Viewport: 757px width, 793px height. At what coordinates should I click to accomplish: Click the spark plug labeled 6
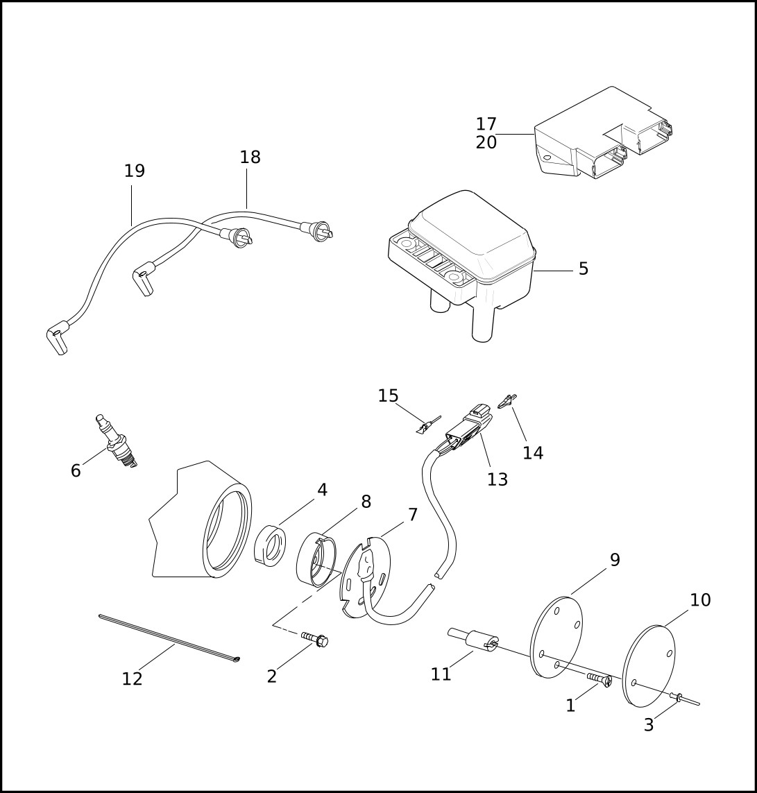pos(117,441)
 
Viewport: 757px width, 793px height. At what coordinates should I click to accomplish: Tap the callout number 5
pos(584,268)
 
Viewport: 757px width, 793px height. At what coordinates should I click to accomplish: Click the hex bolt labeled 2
pos(314,639)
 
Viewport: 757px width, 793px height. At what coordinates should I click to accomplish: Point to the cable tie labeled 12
pos(169,637)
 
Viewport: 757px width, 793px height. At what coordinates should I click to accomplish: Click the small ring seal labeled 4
pos(270,546)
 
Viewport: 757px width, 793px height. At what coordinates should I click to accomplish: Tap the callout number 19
pos(135,171)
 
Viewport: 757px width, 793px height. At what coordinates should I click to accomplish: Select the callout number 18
pos(250,157)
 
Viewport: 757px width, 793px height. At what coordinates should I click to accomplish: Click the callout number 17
pos(486,124)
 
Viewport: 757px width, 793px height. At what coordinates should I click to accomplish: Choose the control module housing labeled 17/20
pos(604,133)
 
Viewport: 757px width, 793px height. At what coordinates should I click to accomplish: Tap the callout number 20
pos(486,143)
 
